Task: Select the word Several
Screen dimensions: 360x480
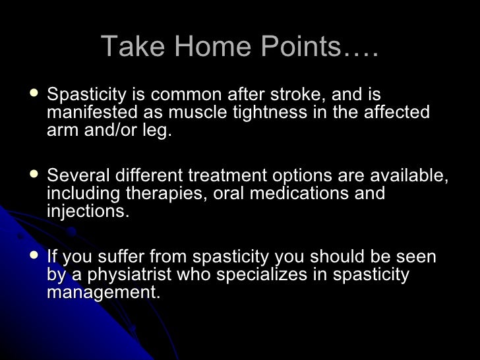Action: click(80, 177)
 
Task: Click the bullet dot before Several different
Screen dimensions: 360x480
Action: click(34, 175)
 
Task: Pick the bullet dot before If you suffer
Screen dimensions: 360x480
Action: click(34, 256)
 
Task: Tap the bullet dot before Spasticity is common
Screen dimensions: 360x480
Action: click(34, 95)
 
